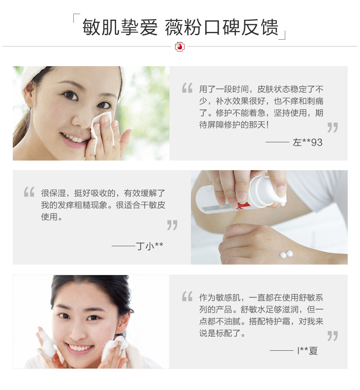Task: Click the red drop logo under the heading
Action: [x=180, y=47]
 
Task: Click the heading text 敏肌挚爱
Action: [x=120, y=27]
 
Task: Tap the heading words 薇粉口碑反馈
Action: [x=221, y=27]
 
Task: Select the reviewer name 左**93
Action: [x=307, y=142]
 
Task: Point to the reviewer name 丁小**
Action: [x=149, y=246]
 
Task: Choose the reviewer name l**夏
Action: [x=308, y=351]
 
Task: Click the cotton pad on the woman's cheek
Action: [x=103, y=129]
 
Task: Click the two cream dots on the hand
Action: [x=286, y=254]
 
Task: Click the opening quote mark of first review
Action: [x=187, y=88]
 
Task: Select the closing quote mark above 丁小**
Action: [x=172, y=225]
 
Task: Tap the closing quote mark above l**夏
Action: [x=333, y=336]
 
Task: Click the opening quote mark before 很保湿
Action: [x=29, y=192]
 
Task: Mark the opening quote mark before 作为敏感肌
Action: [x=187, y=296]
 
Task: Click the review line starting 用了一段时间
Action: [x=261, y=89]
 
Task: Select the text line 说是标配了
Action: [x=222, y=333]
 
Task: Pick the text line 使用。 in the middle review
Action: [x=51, y=217]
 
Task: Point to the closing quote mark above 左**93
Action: [x=333, y=127]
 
